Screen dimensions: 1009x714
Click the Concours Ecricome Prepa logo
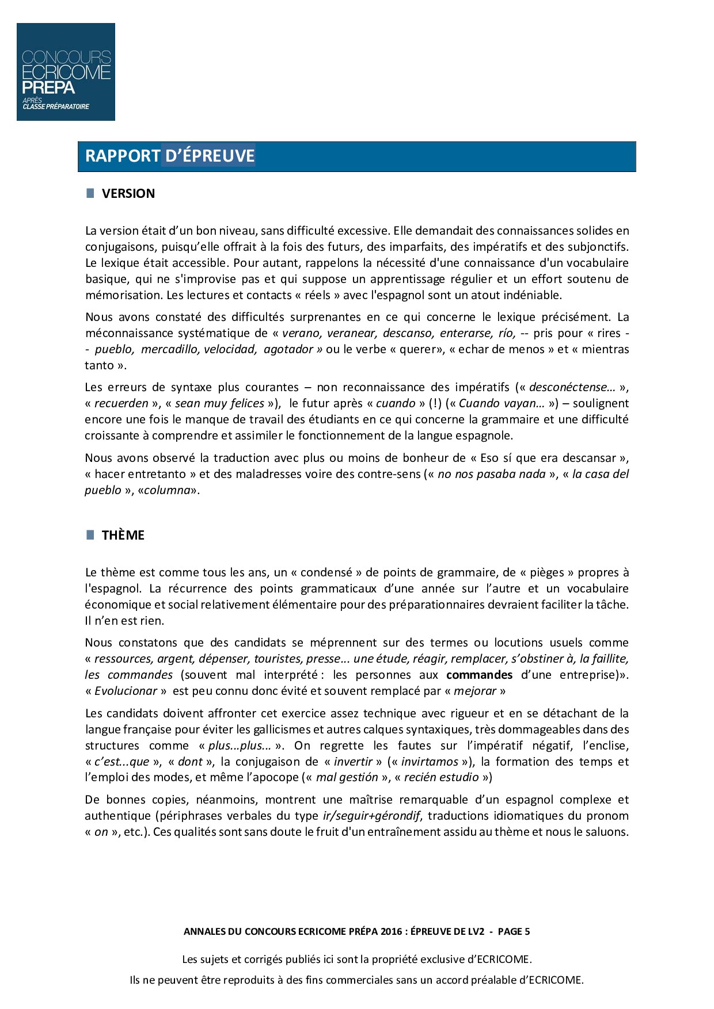click(x=66, y=72)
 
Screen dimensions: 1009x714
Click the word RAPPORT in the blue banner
click(x=123, y=156)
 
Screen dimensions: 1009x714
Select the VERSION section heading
click(x=128, y=193)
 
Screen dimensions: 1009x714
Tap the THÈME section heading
click(x=123, y=535)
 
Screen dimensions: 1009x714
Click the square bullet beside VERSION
click(x=90, y=193)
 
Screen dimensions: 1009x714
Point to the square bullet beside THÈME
click(x=90, y=534)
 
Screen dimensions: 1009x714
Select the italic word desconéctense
click(x=568, y=387)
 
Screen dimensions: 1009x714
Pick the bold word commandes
click(x=479, y=675)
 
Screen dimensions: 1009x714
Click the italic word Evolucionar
click(x=126, y=691)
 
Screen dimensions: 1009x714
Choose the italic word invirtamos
click(x=430, y=762)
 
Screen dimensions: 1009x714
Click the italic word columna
click(x=167, y=490)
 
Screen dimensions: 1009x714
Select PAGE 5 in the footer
click(x=514, y=931)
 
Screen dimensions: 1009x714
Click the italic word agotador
click(x=288, y=349)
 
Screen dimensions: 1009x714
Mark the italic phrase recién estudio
click(x=441, y=778)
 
